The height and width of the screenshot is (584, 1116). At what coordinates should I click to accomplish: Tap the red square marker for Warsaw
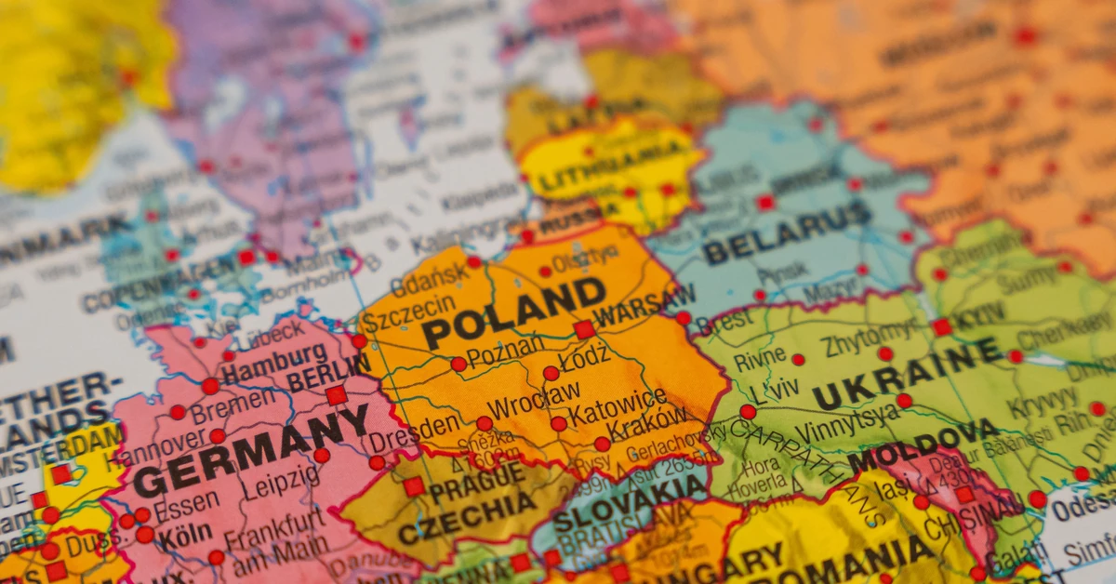[x=584, y=329]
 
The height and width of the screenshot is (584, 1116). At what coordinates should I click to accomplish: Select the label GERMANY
[x=251, y=452]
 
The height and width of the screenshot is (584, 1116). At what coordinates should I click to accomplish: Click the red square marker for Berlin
[x=336, y=395]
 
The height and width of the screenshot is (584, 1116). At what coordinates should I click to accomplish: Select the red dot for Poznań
[x=458, y=365]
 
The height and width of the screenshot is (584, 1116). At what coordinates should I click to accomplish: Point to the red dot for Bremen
[x=178, y=412]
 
